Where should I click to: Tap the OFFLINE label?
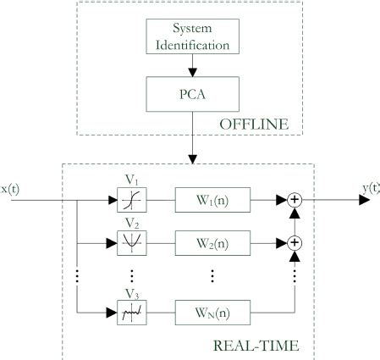[253, 125]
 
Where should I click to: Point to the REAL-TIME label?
[264, 345]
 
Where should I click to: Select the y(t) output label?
[369, 187]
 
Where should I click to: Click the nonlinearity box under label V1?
[130, 202]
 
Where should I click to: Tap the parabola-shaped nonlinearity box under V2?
[130, 242]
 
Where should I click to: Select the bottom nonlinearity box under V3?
[130, 313]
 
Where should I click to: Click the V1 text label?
[130, 180]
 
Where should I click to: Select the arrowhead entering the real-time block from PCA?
[194, 158]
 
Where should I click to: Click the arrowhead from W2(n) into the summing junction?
[283, 242]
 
